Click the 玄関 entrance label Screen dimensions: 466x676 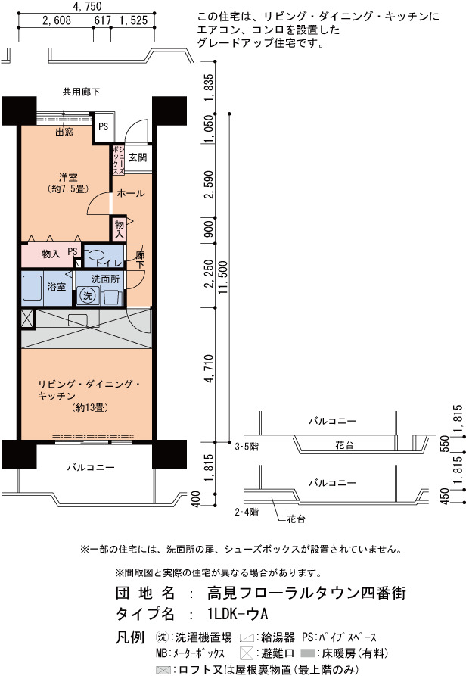pos(138,157)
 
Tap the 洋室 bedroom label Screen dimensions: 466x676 pos(68,177)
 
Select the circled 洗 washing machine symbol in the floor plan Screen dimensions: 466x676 pos(88,295)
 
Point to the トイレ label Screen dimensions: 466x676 pos(109,263)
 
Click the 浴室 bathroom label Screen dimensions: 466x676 pos(57,286)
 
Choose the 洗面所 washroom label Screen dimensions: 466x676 pos(105,279)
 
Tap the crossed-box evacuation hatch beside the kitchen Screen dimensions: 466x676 pos(26,319)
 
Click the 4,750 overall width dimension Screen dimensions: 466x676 pos(88,6)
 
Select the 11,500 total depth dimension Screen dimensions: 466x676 pos(223,278)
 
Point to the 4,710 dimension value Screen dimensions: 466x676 pos(209,369)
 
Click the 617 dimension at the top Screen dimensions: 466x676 pos(102,20)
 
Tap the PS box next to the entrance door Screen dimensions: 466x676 pos(104,126)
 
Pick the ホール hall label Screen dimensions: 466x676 pos(131,193)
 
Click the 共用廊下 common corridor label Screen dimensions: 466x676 pos(82,92)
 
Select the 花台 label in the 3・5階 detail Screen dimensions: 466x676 pos(344,445)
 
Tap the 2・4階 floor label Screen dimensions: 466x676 pos(247,512)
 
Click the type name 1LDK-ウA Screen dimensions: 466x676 pos(238,613)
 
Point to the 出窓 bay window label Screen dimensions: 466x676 pos(64,132)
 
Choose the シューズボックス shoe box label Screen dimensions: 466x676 pos(119,160)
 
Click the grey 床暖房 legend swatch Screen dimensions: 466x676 pos(308,653)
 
